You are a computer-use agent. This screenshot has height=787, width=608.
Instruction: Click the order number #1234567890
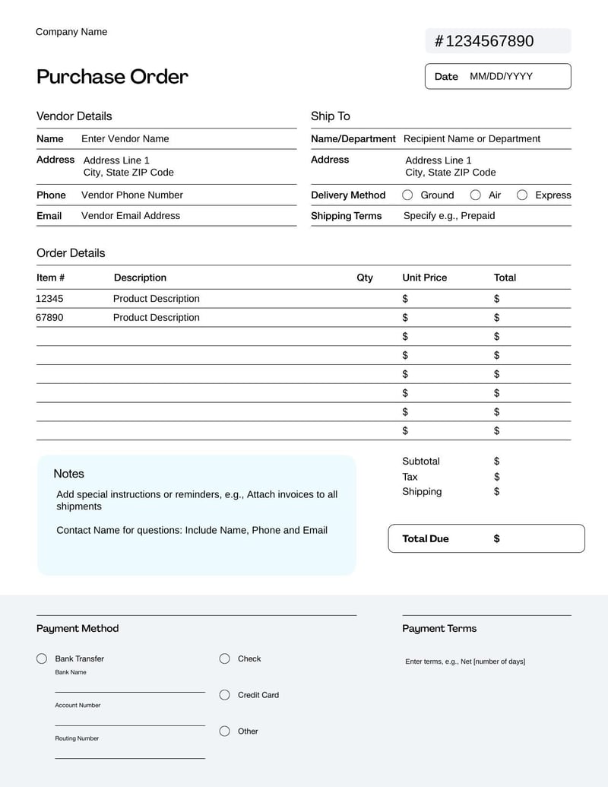point(484,41)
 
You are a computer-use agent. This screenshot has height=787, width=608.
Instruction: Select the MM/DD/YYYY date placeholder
point(501,76)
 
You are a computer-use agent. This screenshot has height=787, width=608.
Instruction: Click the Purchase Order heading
point(112,77)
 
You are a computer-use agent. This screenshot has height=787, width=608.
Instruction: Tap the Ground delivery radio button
point(407,195)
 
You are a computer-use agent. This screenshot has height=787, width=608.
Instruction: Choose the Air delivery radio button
point(475,195)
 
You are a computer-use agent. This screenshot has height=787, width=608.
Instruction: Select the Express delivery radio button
point(522,195)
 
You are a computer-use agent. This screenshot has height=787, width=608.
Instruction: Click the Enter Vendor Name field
point(125,138)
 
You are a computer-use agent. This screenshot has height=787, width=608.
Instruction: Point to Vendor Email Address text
point(130,215)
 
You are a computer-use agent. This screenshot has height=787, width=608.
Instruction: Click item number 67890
point(49,317)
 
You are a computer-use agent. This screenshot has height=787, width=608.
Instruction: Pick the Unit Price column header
point(424,278)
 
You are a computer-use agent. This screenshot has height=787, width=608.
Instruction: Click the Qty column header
point(365,278)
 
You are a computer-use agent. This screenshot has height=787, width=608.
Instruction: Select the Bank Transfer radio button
point(42,658)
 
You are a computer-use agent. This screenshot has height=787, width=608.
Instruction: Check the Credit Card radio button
point(224,694)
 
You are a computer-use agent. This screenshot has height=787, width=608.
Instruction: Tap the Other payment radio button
point(224,731)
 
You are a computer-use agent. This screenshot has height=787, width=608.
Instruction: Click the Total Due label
point(425,538)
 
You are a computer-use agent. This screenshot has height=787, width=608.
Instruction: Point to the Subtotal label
point(420,461)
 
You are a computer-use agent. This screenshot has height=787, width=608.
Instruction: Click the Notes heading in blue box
point(68,474)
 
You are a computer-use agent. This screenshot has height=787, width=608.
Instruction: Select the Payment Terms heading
point(439,628)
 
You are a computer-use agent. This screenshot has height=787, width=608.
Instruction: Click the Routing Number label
point(76,738)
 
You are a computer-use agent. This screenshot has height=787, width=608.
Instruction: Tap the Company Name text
point(71,32)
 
